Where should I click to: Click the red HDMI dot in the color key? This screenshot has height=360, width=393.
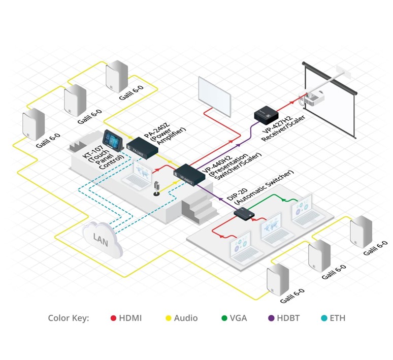pyautogui.click(x=114, y=318)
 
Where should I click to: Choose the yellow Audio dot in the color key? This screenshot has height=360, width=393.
pyautogui.click(x=169, y=318)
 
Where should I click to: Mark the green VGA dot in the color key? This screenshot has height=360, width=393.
pyautogui.click(x=224, y=318)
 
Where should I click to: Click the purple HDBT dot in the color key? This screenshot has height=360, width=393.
pyautogui.click(x=271, y=318)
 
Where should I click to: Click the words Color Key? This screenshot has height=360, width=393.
pyautogui.click(x=69, y=318)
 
